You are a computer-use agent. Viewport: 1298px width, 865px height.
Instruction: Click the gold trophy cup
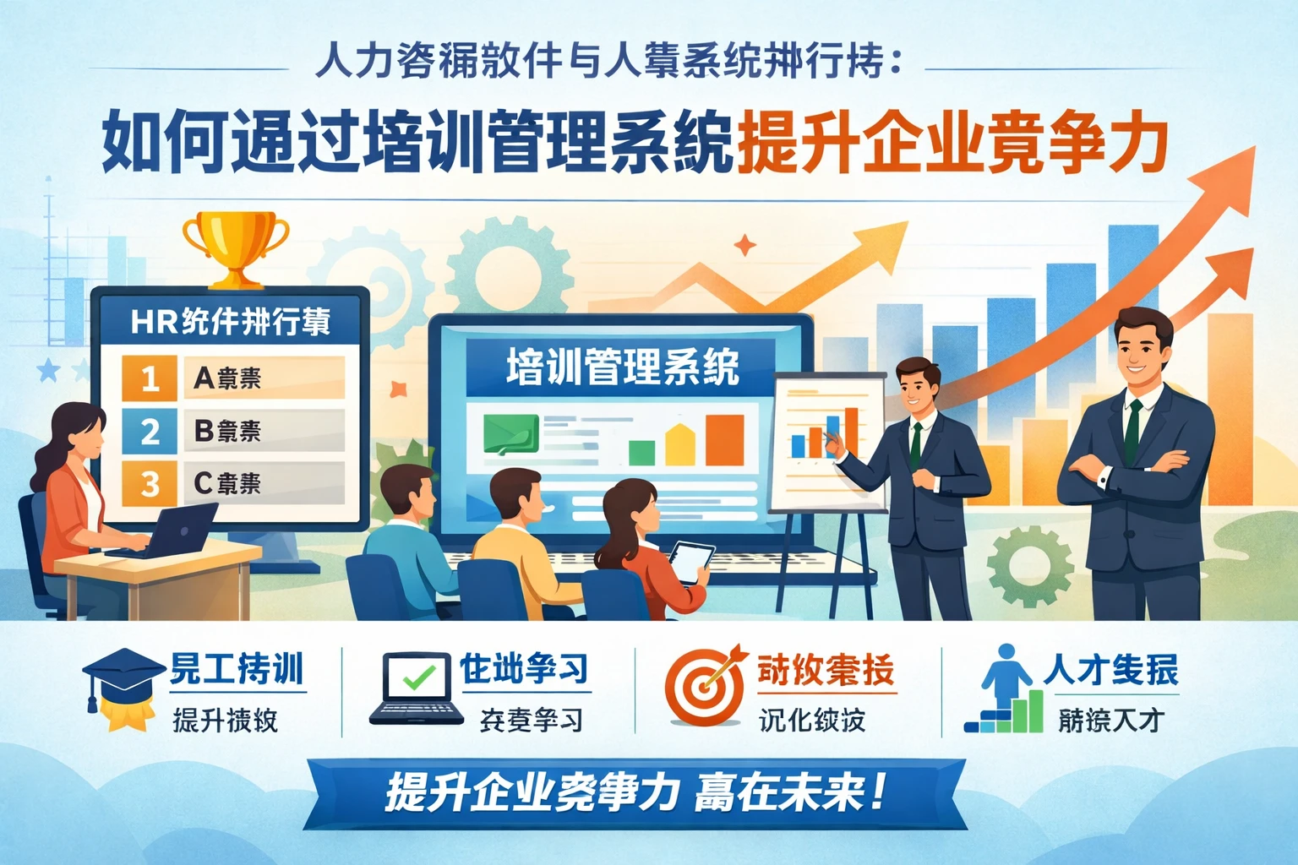pos(235,244)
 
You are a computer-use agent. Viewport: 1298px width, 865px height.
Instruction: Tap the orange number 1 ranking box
pos(150,378)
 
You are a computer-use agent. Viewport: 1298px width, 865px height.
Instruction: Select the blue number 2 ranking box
pos(150,431)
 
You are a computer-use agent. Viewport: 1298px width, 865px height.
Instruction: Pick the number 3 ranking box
pos(150,484)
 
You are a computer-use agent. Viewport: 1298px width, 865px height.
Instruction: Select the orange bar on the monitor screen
pos(724,439)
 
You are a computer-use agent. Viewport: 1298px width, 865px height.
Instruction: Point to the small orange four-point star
pos(744,246)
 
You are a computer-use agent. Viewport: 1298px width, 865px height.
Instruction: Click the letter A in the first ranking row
pos(203,378)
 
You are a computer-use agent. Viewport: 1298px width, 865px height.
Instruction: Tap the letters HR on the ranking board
pos(154,322)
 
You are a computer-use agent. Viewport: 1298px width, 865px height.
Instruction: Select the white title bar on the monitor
pos(621,367)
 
